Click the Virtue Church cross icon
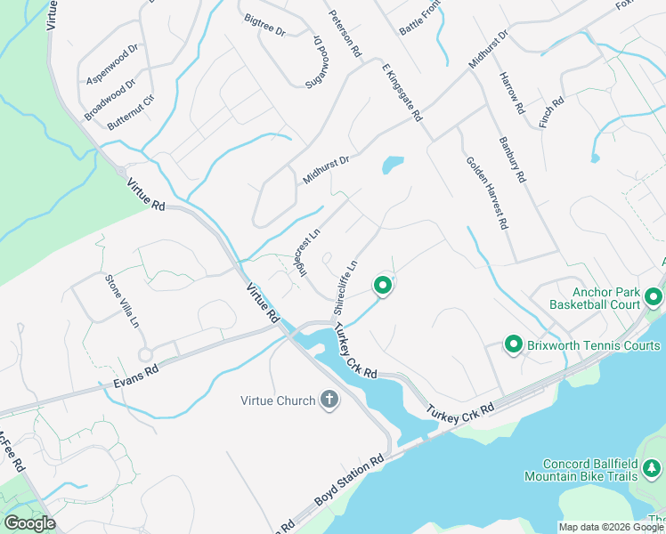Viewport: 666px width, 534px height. click(329, 400)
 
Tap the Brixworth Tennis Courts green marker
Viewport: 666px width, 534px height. click(514, 344)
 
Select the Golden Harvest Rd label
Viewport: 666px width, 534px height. click(486, 193)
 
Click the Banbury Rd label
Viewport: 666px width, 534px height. click(513, 159)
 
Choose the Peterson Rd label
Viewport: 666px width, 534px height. click(345, 34)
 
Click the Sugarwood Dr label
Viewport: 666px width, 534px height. click(318, 61)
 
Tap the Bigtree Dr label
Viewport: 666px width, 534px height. click(264, 25)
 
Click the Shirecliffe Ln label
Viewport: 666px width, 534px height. click(345, 287)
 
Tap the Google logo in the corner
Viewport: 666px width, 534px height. click(29, 523)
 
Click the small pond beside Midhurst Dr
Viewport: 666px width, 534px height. click(392, 166)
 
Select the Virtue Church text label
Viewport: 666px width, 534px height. click(278, 400)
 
